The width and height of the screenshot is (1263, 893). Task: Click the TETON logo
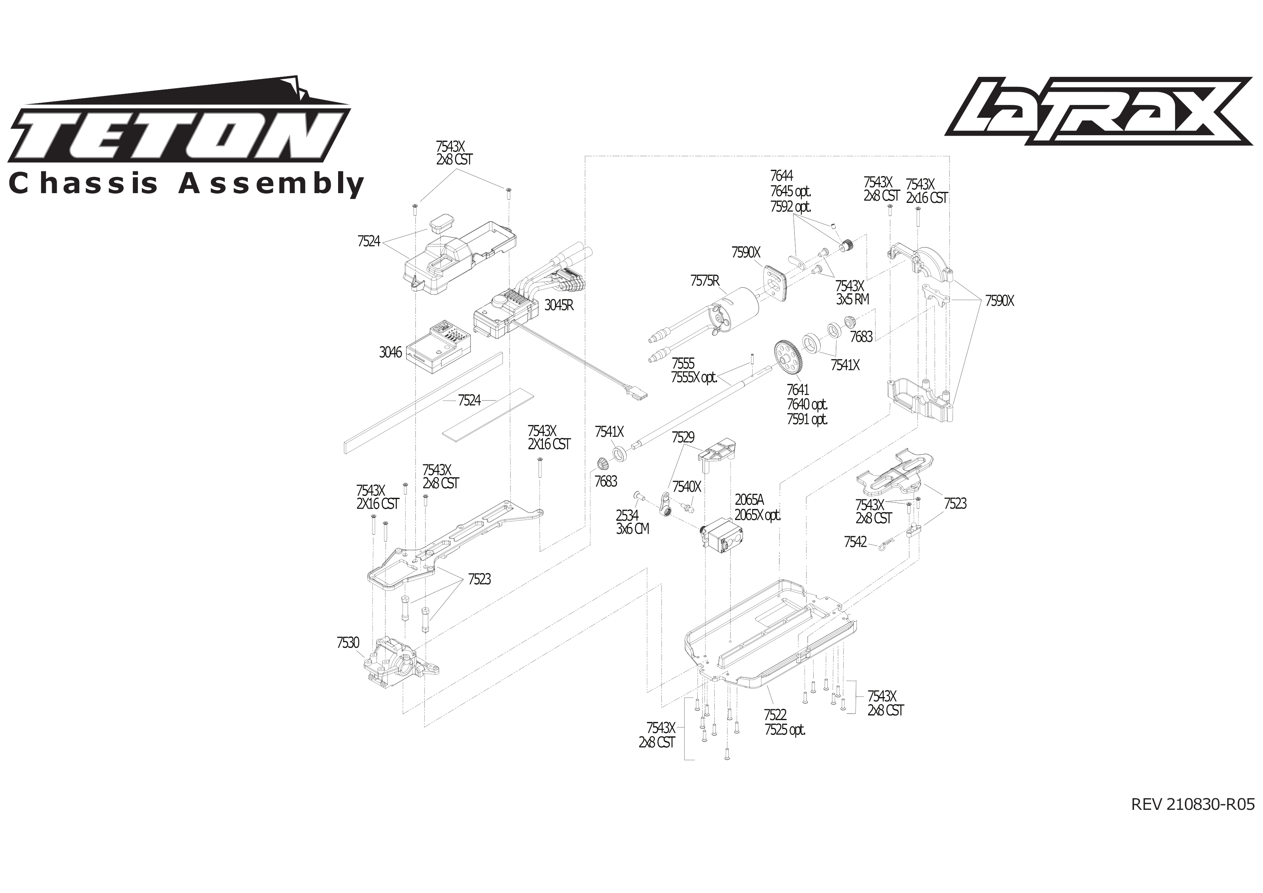point(179,132)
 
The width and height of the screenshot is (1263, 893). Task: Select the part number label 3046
point(391,352)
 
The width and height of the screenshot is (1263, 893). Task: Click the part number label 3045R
point(559,305)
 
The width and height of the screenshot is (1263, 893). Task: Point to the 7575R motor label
point(705,281)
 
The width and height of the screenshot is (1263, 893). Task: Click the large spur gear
point(788,358)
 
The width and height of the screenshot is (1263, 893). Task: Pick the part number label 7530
point(348,643)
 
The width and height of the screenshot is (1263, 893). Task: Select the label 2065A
point(749,500)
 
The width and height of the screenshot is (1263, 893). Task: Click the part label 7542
point(855,542)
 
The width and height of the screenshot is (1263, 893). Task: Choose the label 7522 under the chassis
point(775,715)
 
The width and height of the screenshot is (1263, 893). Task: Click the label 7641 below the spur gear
point(797,389)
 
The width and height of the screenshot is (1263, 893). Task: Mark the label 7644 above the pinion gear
point(781,176)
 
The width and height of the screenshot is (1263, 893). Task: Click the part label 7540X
point(687,487)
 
